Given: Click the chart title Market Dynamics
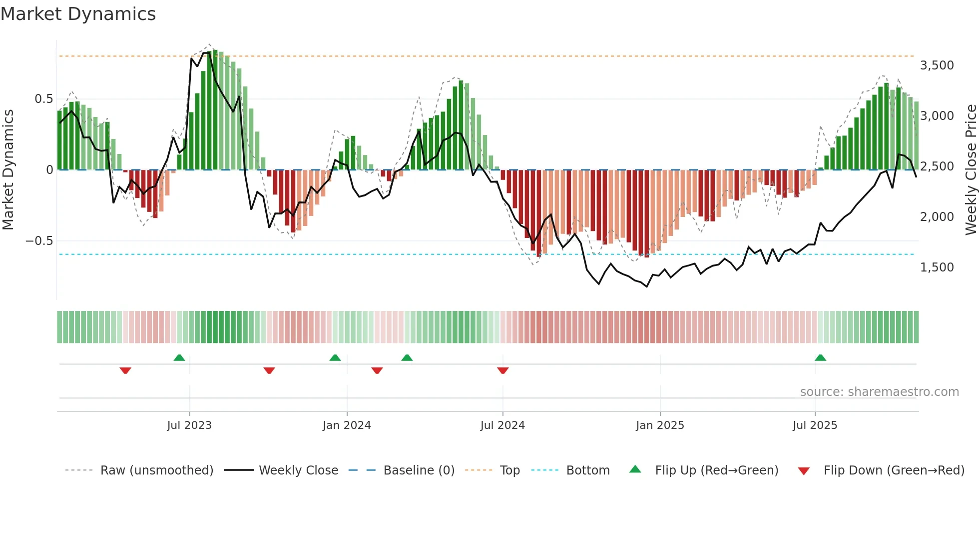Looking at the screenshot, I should (x=78, y=14).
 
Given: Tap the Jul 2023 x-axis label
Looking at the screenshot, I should (x=189, y=425).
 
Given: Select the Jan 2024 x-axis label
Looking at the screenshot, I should (x=347, y=425).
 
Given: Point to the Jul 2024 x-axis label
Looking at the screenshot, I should (x=502, y=425).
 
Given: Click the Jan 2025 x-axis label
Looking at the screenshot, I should (x=660, y=425).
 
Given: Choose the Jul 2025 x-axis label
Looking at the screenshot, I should (x=815, y=425).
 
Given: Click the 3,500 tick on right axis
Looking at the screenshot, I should (x=937, y=65).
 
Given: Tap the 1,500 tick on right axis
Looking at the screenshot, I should (x=937, y=267).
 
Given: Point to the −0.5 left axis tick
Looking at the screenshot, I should (x=39, y=241).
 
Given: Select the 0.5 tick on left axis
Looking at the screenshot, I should (x=43, y=99).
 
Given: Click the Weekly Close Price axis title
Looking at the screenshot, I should (x=971, y=169).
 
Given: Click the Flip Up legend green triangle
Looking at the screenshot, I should (x=635, y=469).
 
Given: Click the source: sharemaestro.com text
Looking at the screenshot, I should (x=879, y=392).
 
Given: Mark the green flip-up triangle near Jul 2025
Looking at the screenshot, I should (x=820, y=357).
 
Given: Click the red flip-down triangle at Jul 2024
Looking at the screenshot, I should (x=503, y=370).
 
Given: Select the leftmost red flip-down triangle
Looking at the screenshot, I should (x=125, y=370).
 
